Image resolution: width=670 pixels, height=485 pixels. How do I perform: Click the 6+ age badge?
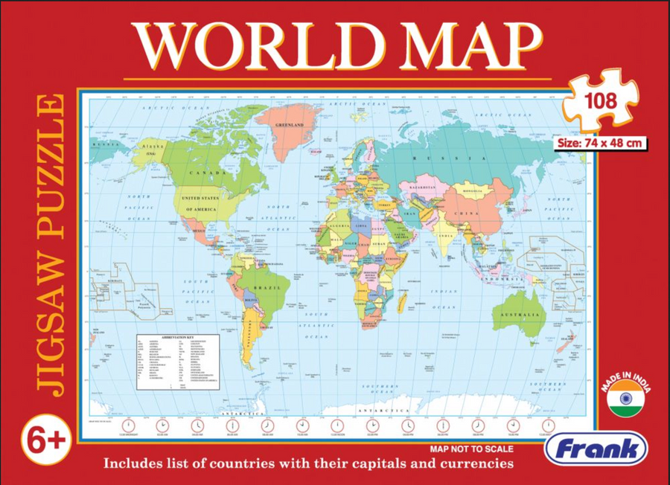[49, 440]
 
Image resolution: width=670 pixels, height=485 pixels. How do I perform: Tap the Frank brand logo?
[595, 449]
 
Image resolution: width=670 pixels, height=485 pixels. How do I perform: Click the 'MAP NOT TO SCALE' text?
[472, 449]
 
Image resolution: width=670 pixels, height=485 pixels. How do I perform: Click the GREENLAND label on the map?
[291, 126]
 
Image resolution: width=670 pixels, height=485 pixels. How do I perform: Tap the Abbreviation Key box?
[178, 361]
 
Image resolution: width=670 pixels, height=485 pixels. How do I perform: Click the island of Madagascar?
[403, 301]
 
